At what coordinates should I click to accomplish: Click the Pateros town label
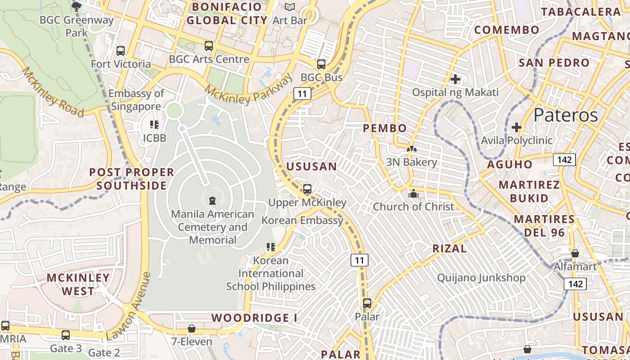pyautogui.click(x=566, y=116)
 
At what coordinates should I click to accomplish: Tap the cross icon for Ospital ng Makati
pyautogui.click(x=455, y=80)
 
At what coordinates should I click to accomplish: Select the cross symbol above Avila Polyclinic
pyautogui.click(x=517, y=127)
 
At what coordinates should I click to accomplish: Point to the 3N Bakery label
pyautogui.click(x=411, y=162)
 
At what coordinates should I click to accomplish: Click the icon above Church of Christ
pyautogui.click(x=413, y=194)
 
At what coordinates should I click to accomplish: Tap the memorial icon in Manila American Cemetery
pyautogui.click(x=212, y=201)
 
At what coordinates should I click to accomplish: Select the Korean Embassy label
pyautogui.click(x=302, y=220)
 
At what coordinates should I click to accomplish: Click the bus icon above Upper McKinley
pyautogui.click(x=307, y=189)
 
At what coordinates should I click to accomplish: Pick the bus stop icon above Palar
pyautogui.click(x=367, y=303)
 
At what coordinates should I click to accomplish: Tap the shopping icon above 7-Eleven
pyautogui.click(x=192, y=328)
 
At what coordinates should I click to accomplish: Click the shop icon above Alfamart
pyautogui.click(x=575, y=253)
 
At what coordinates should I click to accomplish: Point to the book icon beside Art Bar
pyautogui.click(x=290, y=7)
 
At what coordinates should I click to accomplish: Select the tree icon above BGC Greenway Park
pyautogui.click(x=76, y=6)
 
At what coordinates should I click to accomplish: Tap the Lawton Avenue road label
pyautogui.click(x=129, y=306)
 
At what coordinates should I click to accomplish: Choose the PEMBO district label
pyautogui.click(x=385, y=128)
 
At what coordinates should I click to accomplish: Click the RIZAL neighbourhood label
pyautogui.click(x=450, y=248)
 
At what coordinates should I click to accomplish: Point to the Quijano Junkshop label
pyautogui.click(x=481, y=278)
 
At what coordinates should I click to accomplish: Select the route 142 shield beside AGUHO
pyautogui.click(x=564, y=159)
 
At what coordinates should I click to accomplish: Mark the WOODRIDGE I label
pyautogui.click(x=254, y=318)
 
